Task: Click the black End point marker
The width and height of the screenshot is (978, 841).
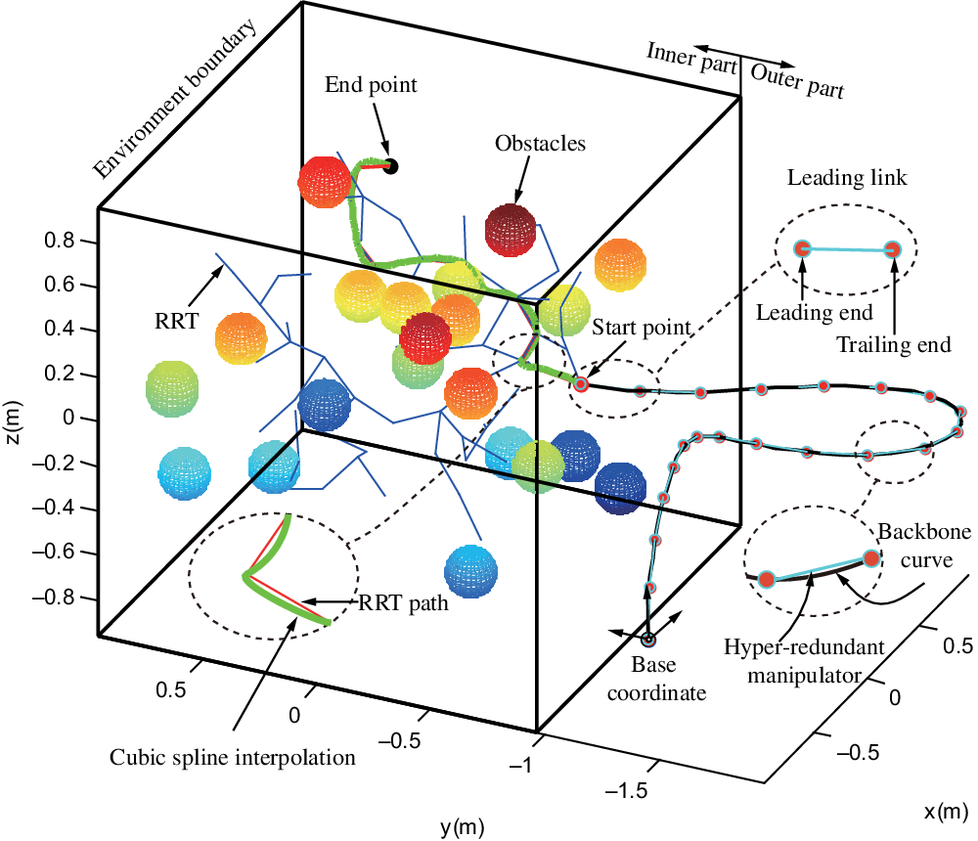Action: pyautogui.click(x=391, y=166)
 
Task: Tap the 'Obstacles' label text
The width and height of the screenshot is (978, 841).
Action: pyautogui.click(x=540, y=144)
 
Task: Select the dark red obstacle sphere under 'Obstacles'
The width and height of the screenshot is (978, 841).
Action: pyautogui.click(x=511, y=229)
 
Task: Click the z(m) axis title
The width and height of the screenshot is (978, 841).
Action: pyautogui.click(x=14, y=418)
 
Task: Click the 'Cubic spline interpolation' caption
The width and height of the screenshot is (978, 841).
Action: pyautogui.click(x=232, y=757)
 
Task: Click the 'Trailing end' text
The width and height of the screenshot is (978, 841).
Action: pyautogui.click(x=895, y=344)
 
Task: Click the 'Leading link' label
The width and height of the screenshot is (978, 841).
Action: pyautogui.click(x=847, y=179)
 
